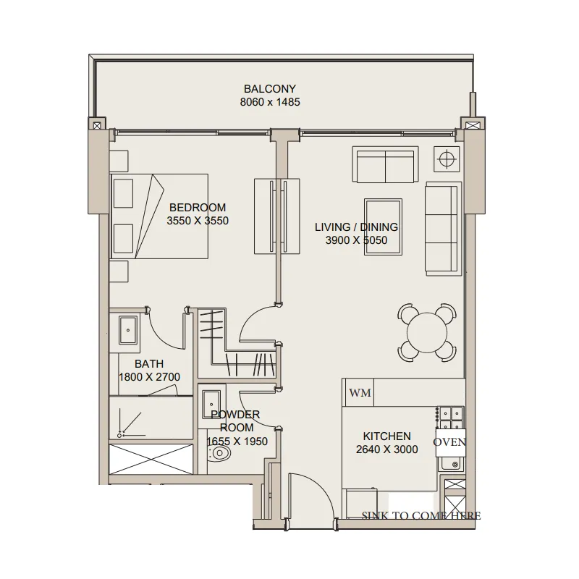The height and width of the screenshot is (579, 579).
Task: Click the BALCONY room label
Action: tap(269, 88)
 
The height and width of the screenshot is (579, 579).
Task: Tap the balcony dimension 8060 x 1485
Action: tap(269, 102)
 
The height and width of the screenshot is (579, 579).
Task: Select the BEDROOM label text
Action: tap(198, 208)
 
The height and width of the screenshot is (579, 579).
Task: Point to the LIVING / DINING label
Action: tap(356, 227)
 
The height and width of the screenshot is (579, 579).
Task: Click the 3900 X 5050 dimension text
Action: tap(356, 240)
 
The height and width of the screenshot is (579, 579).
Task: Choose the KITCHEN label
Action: tap(386, 436)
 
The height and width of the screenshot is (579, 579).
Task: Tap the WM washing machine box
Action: tap(360, 392)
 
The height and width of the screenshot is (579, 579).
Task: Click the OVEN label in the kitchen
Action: tap(449, 442)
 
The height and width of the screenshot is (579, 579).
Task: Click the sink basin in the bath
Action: tap(128, 330)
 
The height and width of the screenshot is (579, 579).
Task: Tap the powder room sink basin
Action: tap(211, 404)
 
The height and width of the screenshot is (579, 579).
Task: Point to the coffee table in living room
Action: tap(383, 227)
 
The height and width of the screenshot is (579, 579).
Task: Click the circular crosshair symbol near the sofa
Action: tap(447, 159)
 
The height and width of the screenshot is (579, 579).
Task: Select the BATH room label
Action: tap(149, 364)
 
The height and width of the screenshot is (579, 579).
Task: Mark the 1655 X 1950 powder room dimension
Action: tap(237, 441)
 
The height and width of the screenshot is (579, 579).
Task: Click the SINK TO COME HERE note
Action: tap(421, 515)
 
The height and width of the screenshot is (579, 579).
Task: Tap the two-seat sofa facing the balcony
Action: tap(385, 164)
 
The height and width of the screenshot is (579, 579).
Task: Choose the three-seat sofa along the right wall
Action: tap(443, 229)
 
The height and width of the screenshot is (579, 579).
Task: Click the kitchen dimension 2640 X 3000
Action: tap(386, 449)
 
